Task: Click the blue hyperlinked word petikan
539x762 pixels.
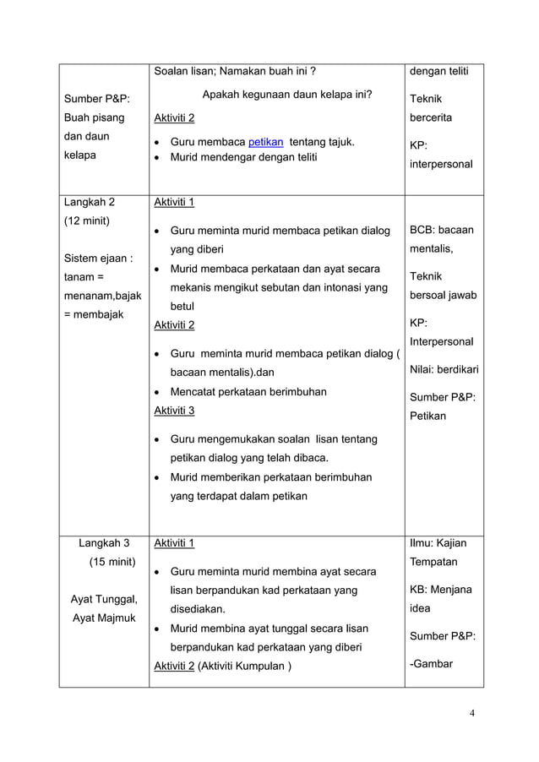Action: click(x=265, y=142)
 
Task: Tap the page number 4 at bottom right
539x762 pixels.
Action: click(x=472, y=713)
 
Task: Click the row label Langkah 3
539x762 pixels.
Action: click(x=104, y=543)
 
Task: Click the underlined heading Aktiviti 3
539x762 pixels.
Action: click(x=173, y=411)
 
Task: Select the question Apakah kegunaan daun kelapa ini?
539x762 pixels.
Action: click(x=287, y=95)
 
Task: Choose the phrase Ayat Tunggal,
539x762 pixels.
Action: click(x=104, y=599)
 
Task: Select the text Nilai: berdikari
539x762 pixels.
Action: click(x=444, y=369)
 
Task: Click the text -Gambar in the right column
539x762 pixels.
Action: click(x=430, y=663)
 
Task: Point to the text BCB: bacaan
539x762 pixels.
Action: click(x=441, y=230)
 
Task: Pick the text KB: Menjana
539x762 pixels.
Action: click(x=440, y=590)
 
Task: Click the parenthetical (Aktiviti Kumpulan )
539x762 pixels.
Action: click(x=244, y=666)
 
